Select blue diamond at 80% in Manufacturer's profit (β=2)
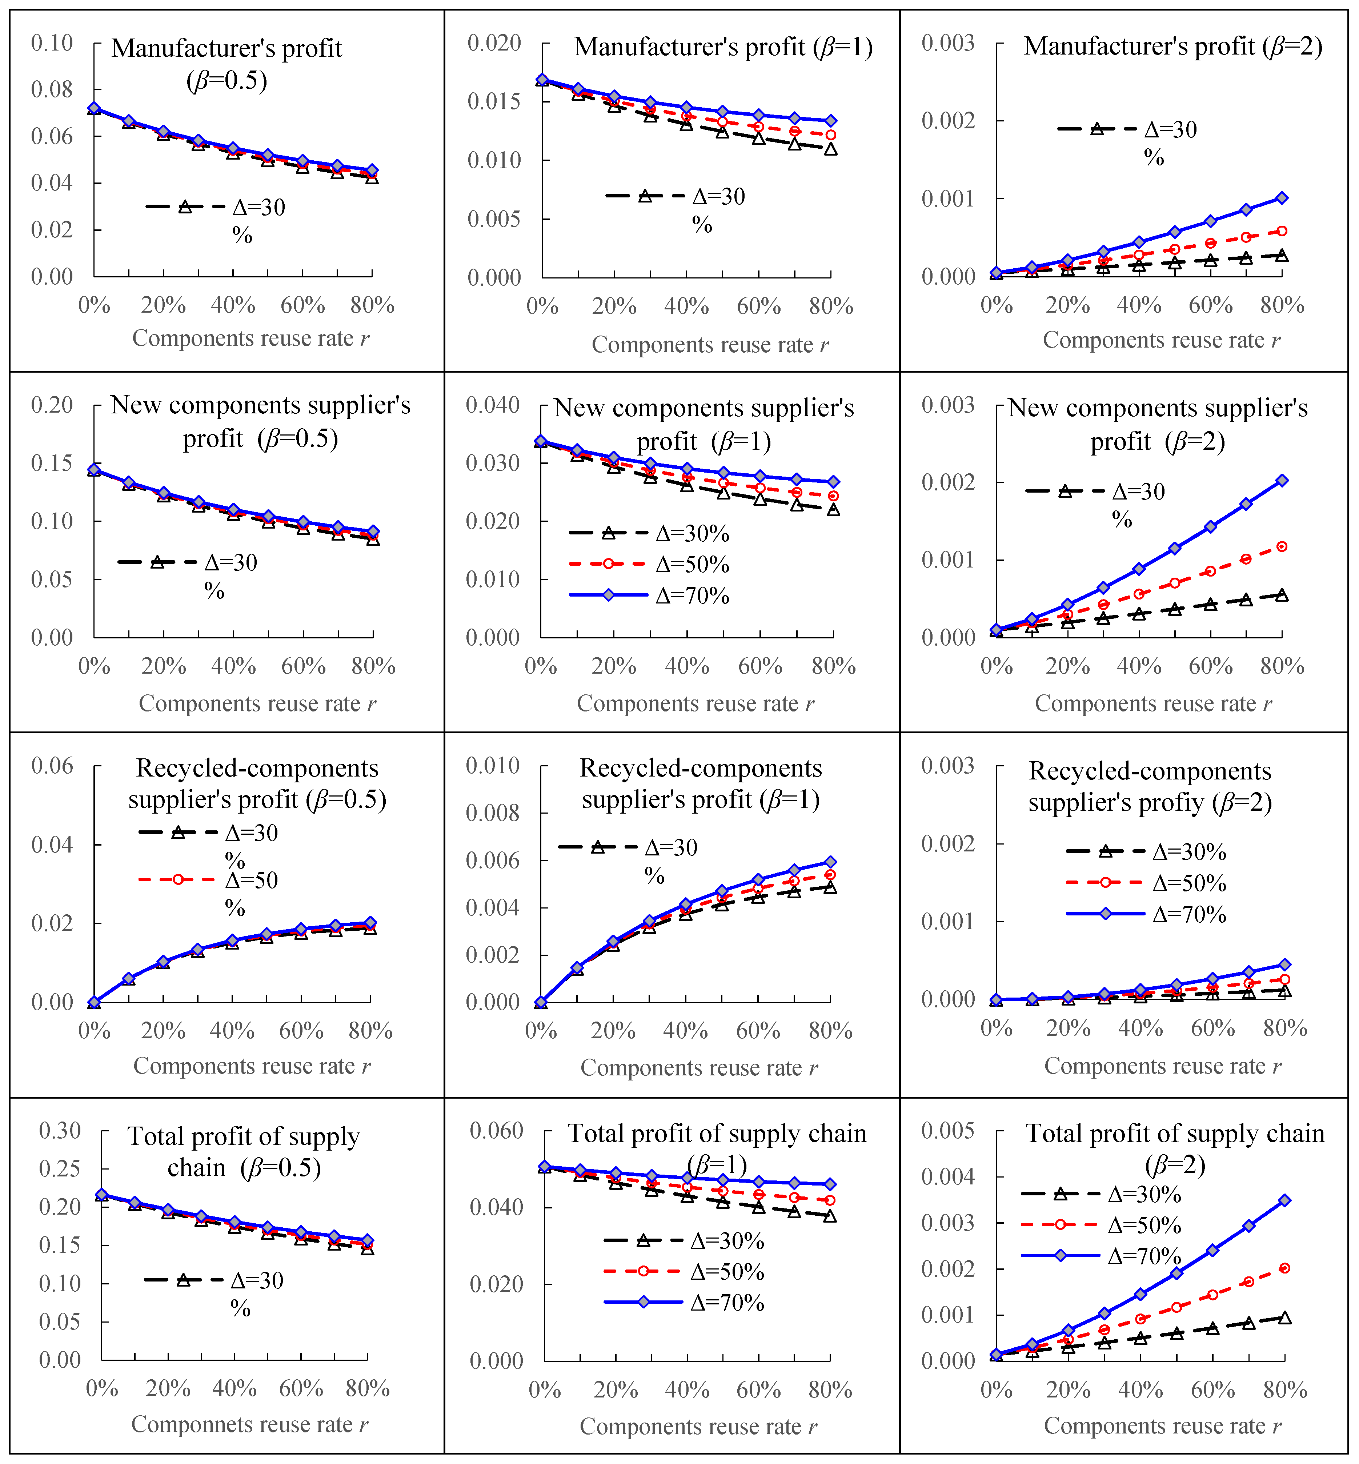(x=1282, y=198)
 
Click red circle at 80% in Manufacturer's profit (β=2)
(x=1282, y=231)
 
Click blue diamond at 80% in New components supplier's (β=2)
(x=1282, y=480)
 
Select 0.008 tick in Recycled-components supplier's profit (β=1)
(x=493, y=813)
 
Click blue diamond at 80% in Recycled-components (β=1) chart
(x=830, y=862)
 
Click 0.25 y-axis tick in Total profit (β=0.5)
(x=60, y=1168)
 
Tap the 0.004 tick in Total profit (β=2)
(x=948, y=1176)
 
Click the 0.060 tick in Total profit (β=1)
(x=496, y=1131)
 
